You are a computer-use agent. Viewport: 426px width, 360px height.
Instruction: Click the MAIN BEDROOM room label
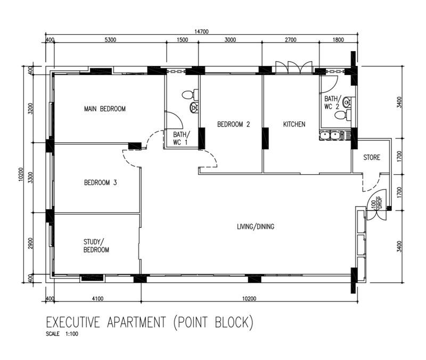tap(105, 109)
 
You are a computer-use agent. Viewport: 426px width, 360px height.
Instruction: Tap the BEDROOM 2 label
tap(233, 125)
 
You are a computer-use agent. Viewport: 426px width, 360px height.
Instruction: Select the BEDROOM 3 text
tap(101, 183)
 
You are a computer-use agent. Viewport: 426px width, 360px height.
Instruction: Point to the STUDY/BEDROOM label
tap(96, 246)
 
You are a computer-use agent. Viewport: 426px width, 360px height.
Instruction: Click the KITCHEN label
tap(294, 125)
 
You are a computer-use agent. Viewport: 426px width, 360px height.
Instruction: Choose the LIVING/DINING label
tap(256, 226)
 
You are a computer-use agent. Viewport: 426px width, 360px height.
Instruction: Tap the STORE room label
tap(372, 158)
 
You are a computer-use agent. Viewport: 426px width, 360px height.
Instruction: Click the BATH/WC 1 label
tap(181, 138)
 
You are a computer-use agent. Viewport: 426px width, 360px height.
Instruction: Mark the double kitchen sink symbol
tap(333, 136)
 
